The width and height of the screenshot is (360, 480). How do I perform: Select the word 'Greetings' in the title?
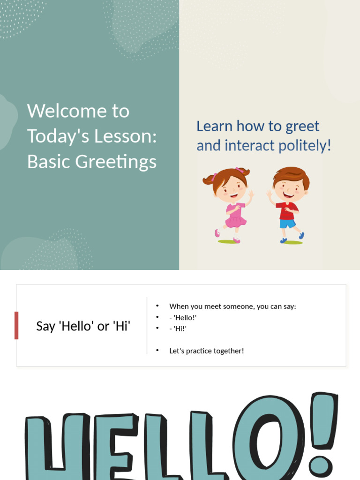116,162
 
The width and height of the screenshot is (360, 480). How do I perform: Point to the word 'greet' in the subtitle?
302,126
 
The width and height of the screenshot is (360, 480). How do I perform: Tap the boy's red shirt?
287,211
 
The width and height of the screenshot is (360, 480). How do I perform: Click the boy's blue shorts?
287,224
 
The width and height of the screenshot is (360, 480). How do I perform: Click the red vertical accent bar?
16,325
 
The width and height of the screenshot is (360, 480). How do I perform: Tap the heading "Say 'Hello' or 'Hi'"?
83,326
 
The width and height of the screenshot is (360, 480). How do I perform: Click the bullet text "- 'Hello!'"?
183,317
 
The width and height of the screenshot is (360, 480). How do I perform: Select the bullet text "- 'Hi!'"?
178,329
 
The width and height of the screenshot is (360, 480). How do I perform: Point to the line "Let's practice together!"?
206,351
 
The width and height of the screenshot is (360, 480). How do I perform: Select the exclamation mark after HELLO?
323,431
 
